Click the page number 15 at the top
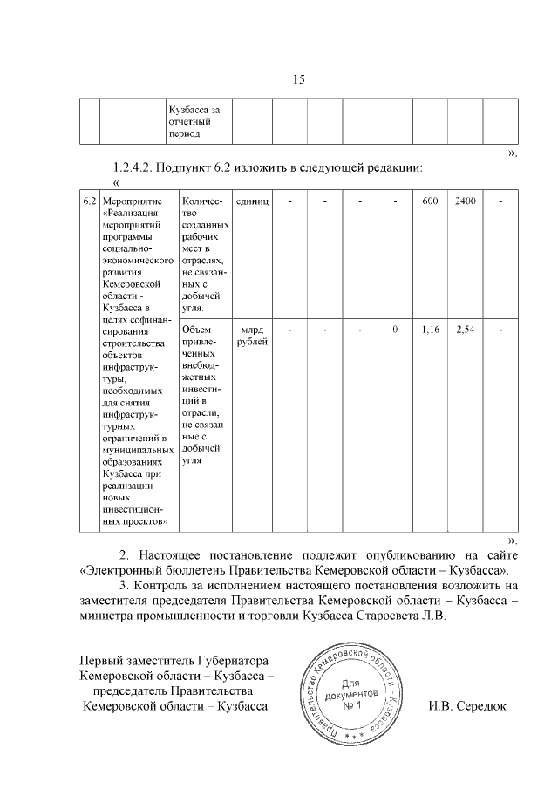[x=297, y=80]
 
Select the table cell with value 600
[x=430, y=201]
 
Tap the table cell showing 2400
[x=466, y=201]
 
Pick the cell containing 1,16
[x=430, y=330]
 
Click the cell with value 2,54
[x=466, y=330]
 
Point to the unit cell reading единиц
[x=252, y=201]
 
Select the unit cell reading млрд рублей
[x=252, y=335]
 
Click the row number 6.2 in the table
[x=89, y=201]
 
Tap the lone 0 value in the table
[x=395, y=330]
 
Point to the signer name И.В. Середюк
[x=466, y=705]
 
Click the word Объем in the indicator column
[x=197, y=330]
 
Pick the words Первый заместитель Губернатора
[x=173, y=660]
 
